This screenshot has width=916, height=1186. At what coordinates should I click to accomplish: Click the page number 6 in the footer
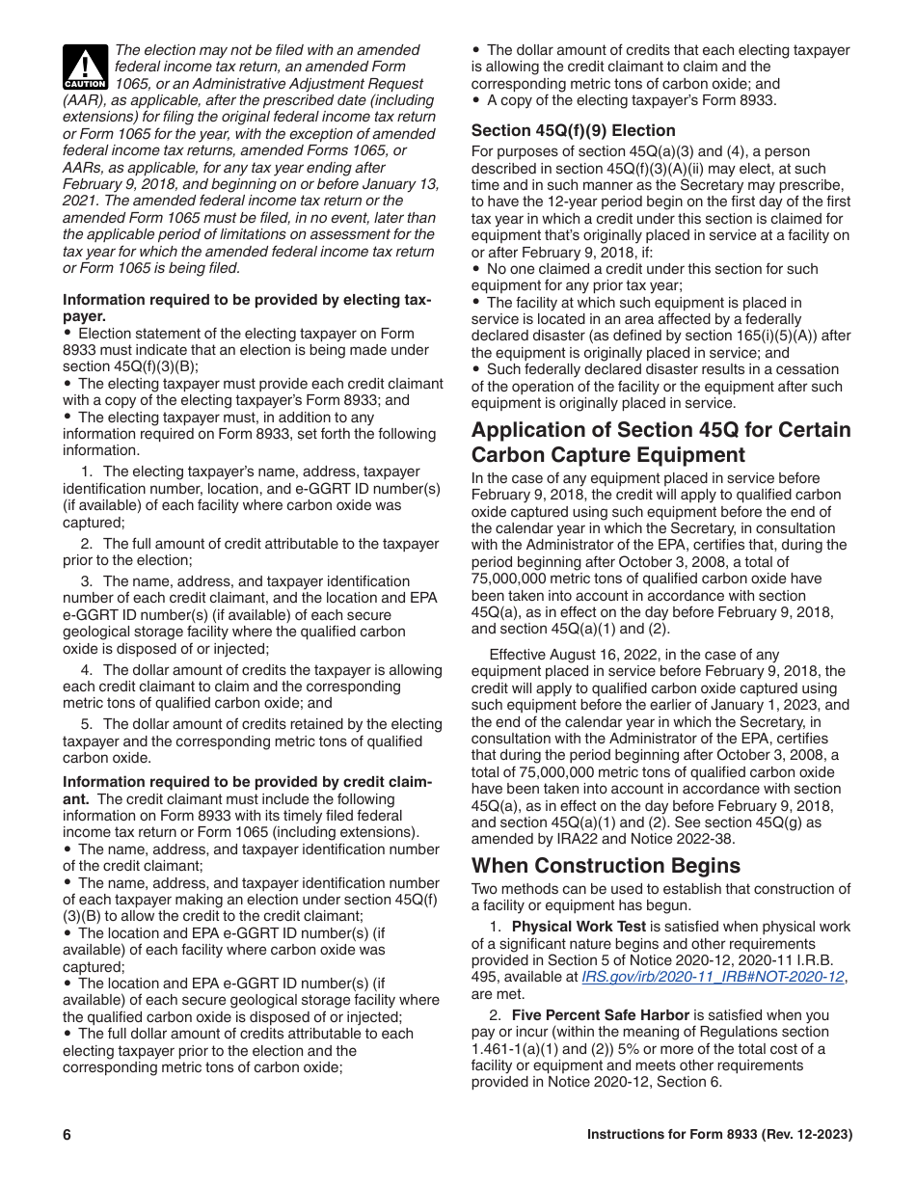[67, 1135]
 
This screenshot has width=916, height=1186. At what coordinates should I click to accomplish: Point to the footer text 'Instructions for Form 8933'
[675, 1135]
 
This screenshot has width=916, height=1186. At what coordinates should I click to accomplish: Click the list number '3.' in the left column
[87, 581]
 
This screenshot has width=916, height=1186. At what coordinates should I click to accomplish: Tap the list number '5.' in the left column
[87, 724]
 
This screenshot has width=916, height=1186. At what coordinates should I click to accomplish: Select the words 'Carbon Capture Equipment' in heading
[607, 455]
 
